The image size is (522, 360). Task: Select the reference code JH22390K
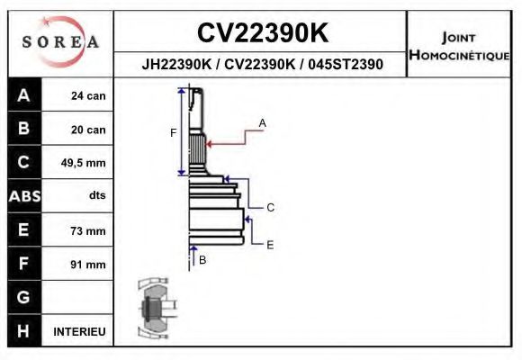point(177,65)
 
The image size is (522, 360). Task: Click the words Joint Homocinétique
point(459,46)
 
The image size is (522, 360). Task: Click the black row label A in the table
point(23,95)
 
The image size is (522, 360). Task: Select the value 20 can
point(88,130)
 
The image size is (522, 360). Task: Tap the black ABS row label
point(23,196)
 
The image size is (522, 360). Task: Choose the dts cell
point(96,196)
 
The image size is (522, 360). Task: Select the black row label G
point(23,297)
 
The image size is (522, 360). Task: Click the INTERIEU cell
point(79,331)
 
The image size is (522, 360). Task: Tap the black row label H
point(23,331)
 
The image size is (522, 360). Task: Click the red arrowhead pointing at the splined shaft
point(210,140)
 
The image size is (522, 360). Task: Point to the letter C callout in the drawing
point(270,208)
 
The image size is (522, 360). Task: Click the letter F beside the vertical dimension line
point(173,133)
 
